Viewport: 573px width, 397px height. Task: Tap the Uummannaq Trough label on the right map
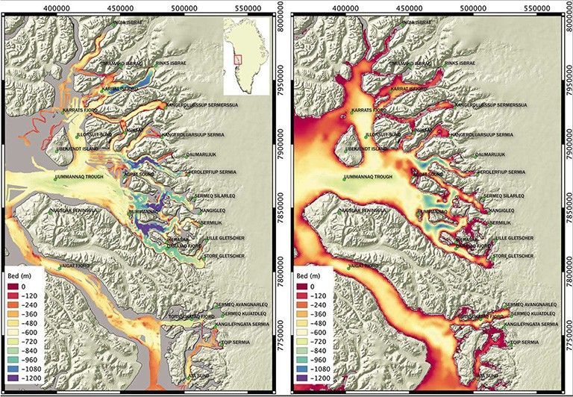pos(368,178)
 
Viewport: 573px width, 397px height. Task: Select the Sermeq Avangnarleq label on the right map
pos(531,305)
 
